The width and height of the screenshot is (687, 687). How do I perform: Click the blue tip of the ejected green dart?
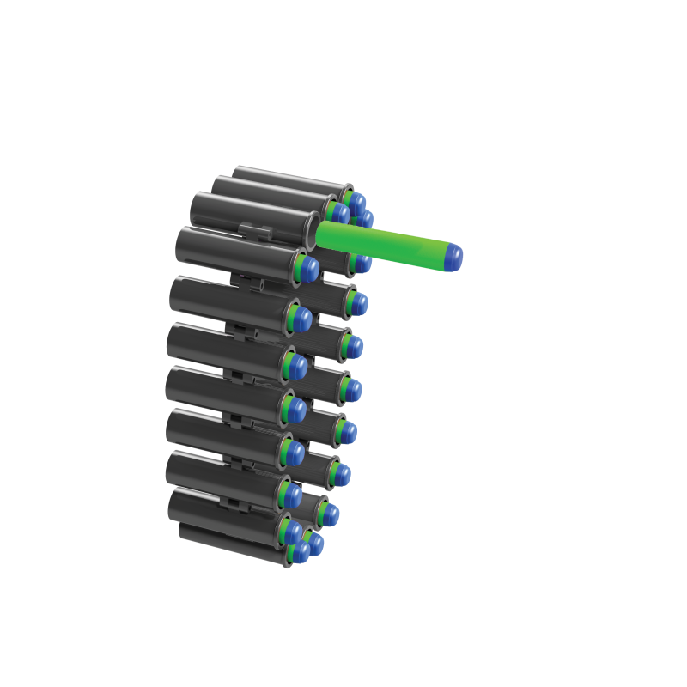coord(454,252)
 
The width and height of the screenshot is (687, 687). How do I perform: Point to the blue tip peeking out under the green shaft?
coord(362,264)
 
